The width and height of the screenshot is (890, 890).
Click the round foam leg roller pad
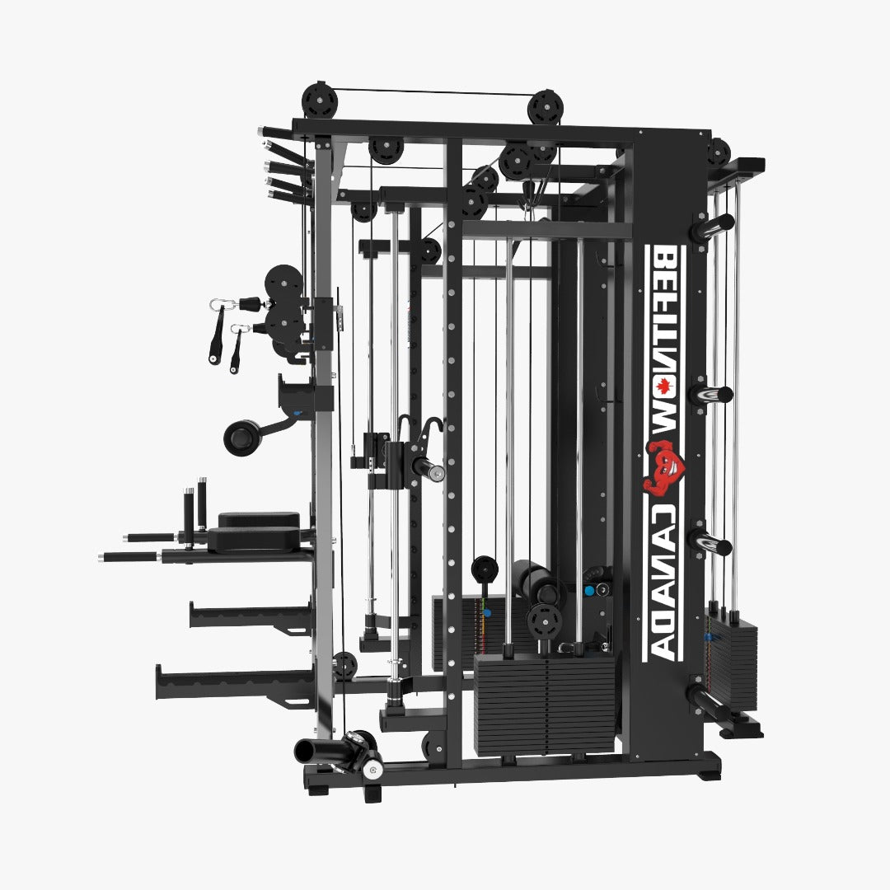point(241,436)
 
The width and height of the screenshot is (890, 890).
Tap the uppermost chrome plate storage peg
point(712,226)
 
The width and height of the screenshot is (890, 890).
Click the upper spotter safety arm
point(247,613)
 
